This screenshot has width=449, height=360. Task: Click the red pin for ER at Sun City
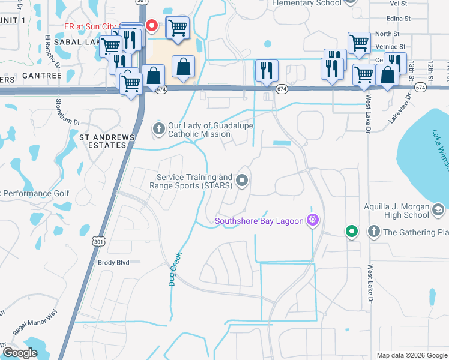(x=152, y=26)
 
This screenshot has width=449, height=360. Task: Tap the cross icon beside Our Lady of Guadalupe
(x=159, y=129)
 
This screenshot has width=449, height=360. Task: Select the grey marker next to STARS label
(x=242, y=180)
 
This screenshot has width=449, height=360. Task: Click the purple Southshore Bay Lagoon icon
(x=312, y=221)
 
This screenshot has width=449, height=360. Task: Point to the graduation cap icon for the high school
(x=438, y=209)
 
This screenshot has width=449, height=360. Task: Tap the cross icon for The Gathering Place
(x=373, y=232)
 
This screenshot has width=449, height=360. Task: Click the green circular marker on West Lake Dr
(x=351, y=230)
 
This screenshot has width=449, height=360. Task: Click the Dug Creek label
(x=175, y=268)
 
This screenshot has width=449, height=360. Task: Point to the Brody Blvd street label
(x=113, y=262)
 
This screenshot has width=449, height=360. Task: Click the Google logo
(x=20, y=353)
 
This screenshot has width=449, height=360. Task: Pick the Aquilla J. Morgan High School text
(x=397, y=211)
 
